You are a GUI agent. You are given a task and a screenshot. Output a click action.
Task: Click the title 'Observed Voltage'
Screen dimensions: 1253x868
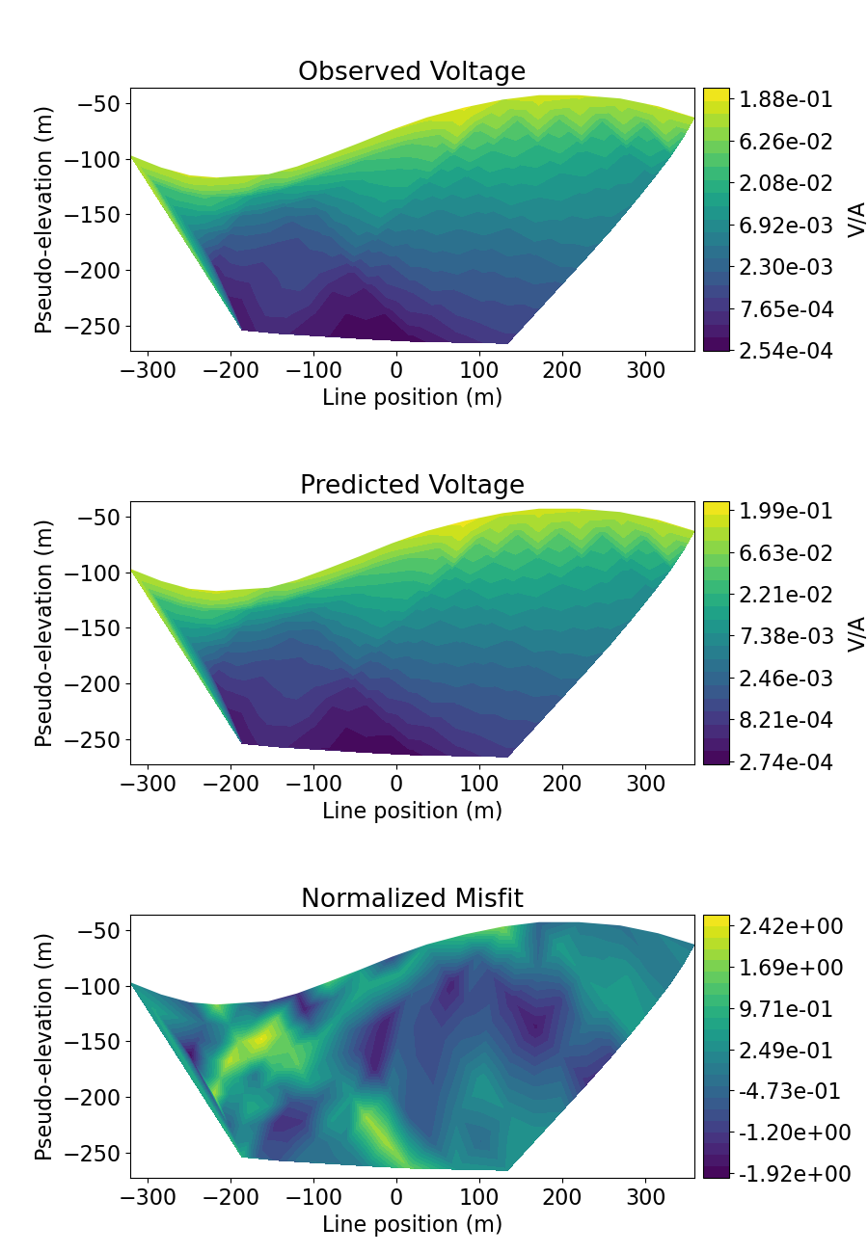(412, 71)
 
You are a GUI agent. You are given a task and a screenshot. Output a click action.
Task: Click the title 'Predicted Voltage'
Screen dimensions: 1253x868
(412, 485)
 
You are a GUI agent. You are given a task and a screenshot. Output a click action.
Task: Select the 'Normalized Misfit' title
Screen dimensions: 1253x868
(412, 898)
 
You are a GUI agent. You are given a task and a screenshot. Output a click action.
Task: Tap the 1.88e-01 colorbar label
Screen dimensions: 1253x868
(786, 99)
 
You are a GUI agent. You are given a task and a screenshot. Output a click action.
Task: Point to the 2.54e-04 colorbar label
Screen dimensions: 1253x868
(786, 351)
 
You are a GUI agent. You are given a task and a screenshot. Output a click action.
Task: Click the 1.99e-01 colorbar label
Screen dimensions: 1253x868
(786, 512)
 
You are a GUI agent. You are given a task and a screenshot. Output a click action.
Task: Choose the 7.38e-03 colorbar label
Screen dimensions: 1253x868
(786, 636)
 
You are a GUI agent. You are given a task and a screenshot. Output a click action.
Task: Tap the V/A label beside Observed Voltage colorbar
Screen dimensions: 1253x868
(856, 220)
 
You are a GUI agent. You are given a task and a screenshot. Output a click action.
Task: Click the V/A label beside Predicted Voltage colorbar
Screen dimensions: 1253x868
(856, 633)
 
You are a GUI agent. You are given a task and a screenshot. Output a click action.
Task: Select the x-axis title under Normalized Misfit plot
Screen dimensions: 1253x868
(412, 1224)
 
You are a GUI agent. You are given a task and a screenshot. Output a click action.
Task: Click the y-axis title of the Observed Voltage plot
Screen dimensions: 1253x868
(44, 220)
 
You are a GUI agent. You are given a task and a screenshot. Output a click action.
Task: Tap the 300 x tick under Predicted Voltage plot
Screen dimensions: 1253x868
(645, 784)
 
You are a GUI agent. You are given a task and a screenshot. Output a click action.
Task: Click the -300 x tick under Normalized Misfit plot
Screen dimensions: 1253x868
(149, 1197)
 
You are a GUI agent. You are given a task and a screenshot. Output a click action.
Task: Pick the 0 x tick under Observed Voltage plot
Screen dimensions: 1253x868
(396, 370)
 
